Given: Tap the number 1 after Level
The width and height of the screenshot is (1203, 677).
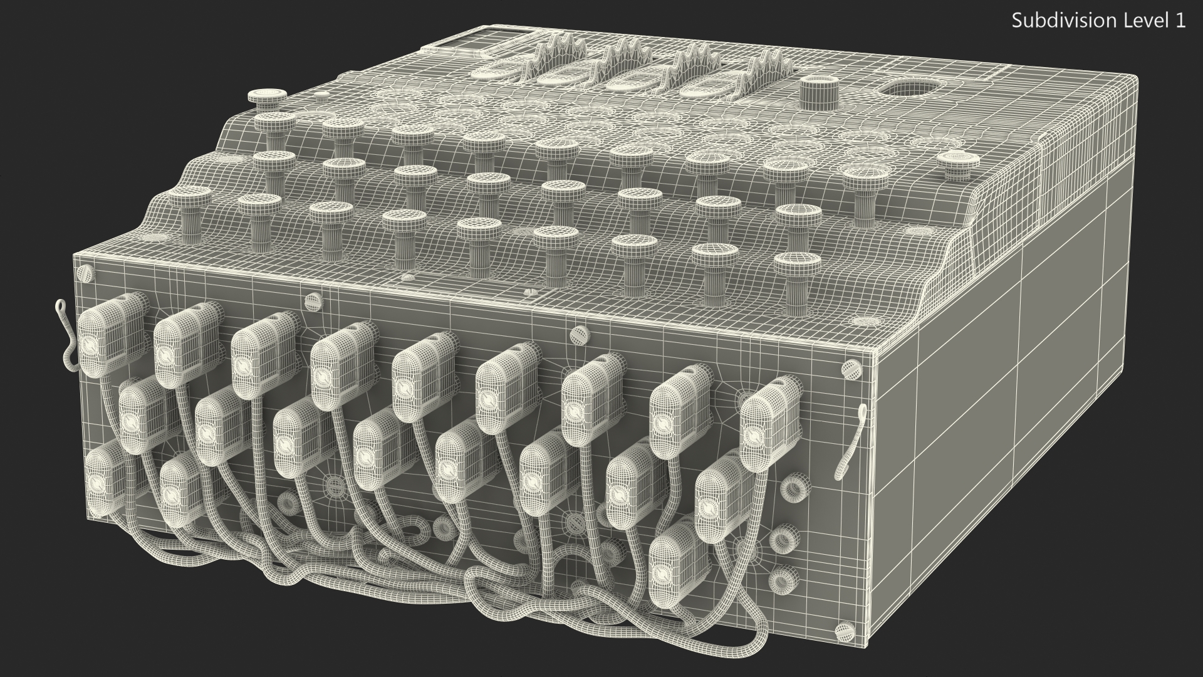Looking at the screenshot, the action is tap(1180, 21).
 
